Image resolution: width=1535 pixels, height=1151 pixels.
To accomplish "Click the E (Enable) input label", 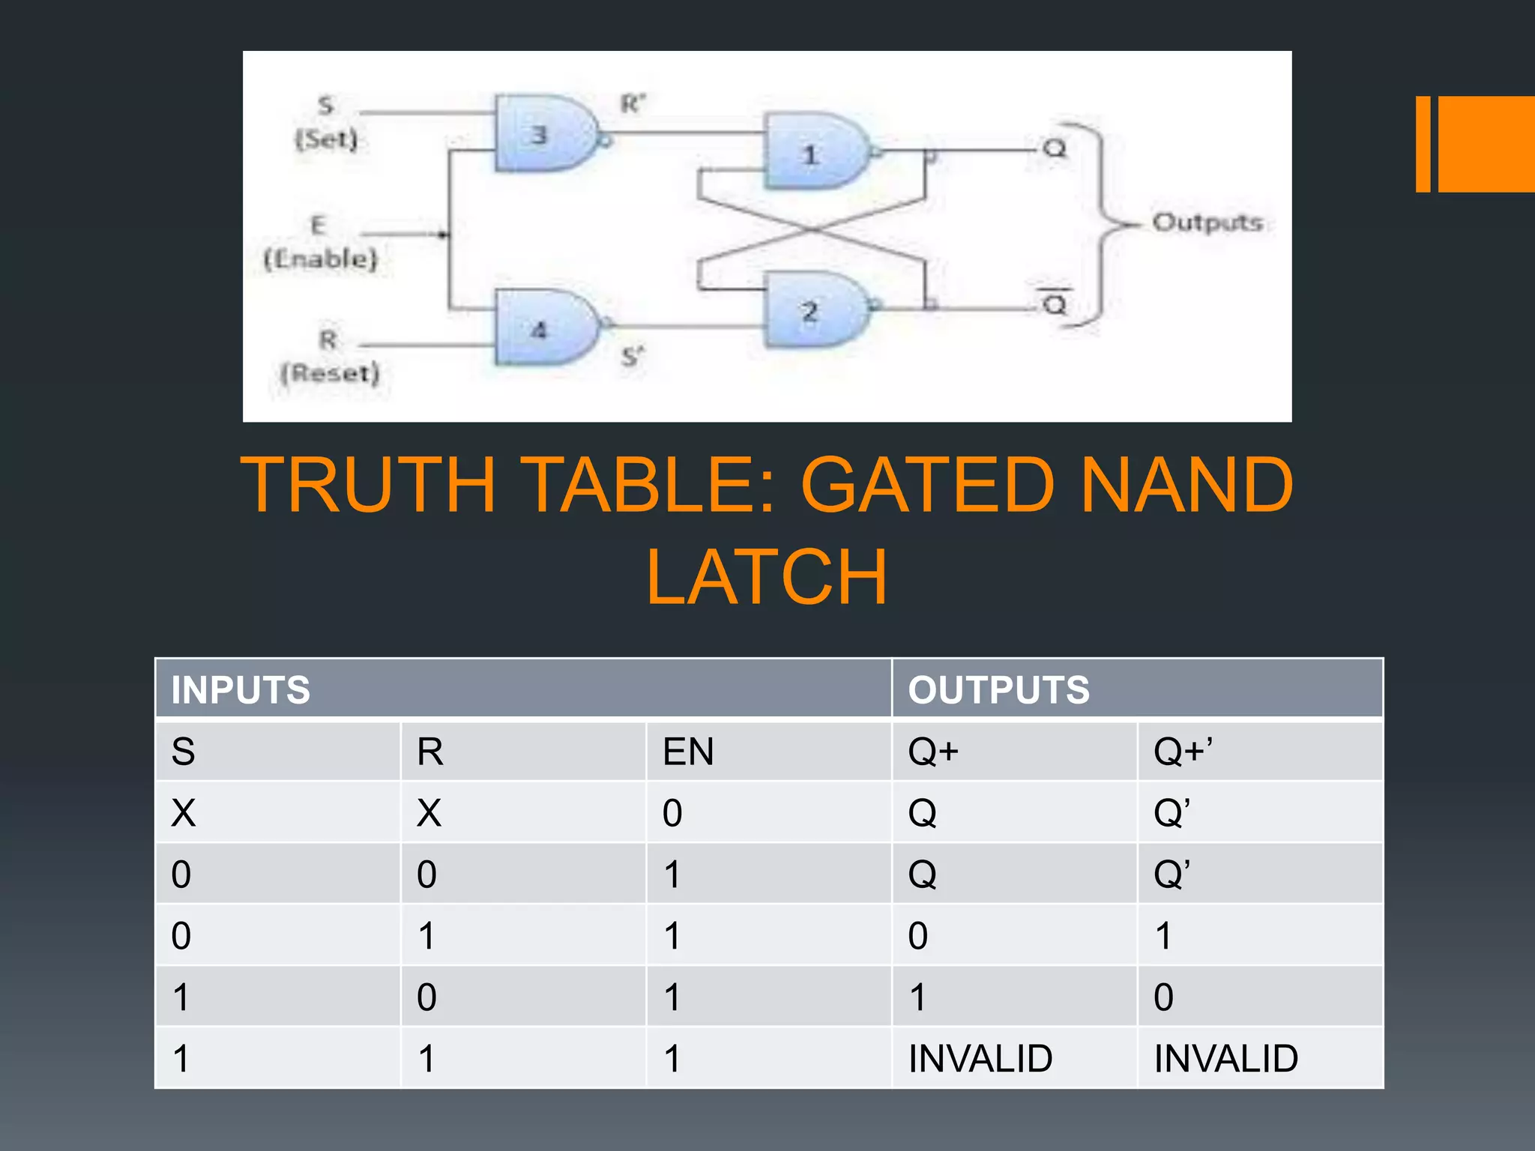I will click(320, 242).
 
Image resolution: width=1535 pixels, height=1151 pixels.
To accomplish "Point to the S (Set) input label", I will click(326, 123).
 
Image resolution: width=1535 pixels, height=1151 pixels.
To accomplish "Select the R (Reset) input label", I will click(330, 357).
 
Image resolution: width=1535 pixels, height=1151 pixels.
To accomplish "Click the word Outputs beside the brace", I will click(1207, 223).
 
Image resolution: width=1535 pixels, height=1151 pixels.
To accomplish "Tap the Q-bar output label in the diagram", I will click(1055, 303).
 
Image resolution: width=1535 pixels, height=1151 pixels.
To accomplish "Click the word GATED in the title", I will click(927, 486).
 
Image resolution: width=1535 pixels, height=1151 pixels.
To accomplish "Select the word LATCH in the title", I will click(767, 577).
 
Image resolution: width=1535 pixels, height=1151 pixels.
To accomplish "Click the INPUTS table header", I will click(241, 689).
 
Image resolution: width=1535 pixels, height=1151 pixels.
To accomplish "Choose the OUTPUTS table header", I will click(998, 689).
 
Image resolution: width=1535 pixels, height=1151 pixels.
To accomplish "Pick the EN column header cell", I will click(688, 752).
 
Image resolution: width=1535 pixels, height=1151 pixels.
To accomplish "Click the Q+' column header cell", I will click(1183, 752).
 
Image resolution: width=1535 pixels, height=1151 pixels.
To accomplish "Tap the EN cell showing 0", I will click(672, 813).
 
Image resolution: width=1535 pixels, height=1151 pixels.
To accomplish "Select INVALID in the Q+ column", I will click(980, 1059).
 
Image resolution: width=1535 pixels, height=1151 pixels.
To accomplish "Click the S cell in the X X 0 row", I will click(184, 813).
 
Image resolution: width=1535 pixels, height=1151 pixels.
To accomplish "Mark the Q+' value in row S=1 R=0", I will click(1163, 997).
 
